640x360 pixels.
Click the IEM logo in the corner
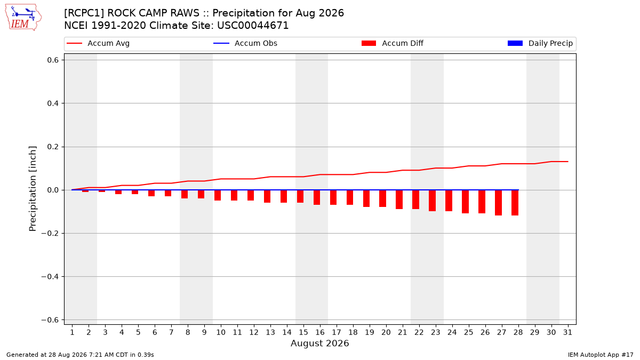click(x=23, y=18)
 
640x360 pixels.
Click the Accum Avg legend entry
click(x=98, y=43)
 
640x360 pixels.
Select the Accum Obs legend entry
click(x=245, y=43)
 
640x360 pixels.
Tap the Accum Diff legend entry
click(x=393, y=43)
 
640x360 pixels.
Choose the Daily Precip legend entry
click(x=540, y=43)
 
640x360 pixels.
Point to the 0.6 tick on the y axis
click(x=53, y=60)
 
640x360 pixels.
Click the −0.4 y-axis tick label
click(x=50, y=277)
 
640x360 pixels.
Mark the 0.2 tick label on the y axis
click(x=53, y=147)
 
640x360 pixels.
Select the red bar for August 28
click(x=515, y=203)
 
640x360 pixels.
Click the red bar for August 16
click(x=317, y=197)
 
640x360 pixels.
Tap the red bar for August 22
click(x=415, y=199)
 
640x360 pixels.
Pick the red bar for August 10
click(x=218, y=195)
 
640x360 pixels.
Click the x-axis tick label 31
click(x=567, y=332)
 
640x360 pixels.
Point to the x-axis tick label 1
click(x=72, y=332)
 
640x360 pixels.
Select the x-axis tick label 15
click(x=303, y=332)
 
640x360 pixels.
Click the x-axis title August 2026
click(x=319, y=343)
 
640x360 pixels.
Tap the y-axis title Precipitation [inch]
click(x=33, y=189)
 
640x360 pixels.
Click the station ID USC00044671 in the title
click(x=253, y=26)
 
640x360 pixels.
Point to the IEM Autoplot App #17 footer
click(x=601, y=355)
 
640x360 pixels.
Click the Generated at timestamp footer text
click(x=80, y=355)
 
